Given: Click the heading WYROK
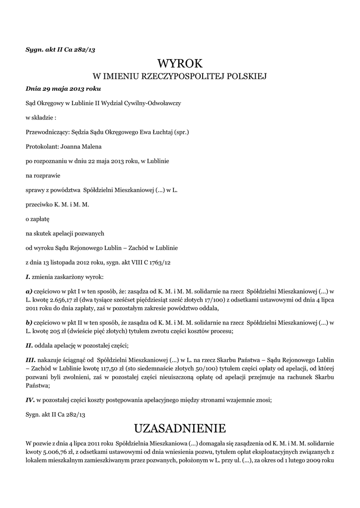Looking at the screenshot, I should click(x=180, y=63).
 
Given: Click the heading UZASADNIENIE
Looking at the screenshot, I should click(x=180, y=428).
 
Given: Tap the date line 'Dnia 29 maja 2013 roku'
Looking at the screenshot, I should click(x=63, y=89).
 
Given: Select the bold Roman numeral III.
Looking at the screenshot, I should click(x=30, y=358).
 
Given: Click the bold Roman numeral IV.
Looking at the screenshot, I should click(x=30, y=399).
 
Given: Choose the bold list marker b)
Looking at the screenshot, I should click(x=29, y=322).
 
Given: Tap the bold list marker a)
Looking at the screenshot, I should click(x=29, y=292).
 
